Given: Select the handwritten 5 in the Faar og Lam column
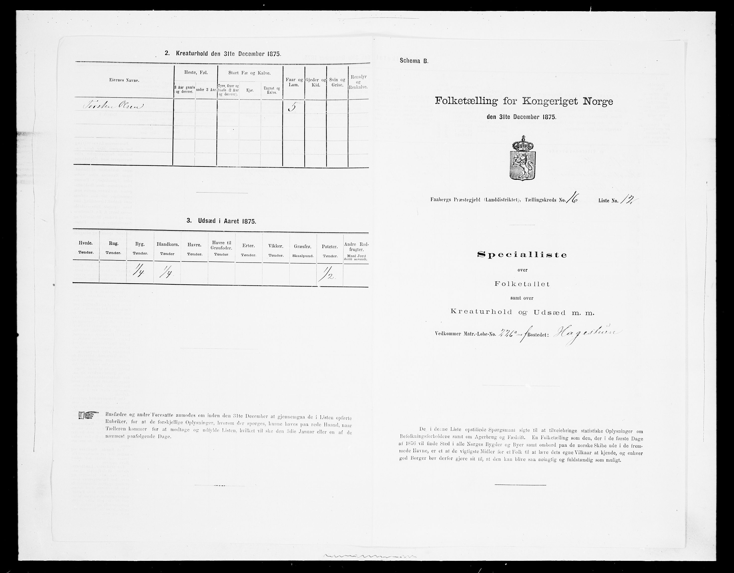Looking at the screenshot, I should tap(292, 107).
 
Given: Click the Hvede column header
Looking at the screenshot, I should tap(86, 249).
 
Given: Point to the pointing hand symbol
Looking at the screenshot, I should tap(88, 416).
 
